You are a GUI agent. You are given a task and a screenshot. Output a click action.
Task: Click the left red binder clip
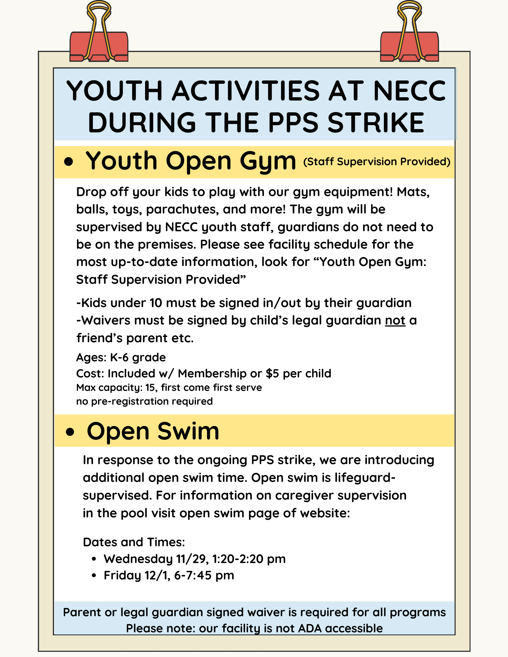coord(99,46)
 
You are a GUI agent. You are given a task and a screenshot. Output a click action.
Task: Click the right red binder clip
coord(409,46)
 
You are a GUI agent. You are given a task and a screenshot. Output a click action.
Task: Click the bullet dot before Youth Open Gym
coord(68,162)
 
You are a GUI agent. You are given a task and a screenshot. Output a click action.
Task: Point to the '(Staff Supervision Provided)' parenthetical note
coord(376,162)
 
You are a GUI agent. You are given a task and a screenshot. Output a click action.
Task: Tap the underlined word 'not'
coord(395,320)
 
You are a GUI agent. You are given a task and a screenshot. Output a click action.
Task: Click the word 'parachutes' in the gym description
coord(182,210)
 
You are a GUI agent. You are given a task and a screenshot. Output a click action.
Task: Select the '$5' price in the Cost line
coord(272,374)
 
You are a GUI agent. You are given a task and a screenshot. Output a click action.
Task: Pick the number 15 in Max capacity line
coord(150,388)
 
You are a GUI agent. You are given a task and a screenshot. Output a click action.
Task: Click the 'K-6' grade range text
coord(119,357)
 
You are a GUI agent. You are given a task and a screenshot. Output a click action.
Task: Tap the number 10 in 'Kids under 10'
coord(156,303)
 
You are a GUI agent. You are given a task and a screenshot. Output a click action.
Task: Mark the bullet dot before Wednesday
coord(94,559)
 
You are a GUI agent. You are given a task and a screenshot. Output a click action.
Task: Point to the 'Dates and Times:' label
coord(134,542)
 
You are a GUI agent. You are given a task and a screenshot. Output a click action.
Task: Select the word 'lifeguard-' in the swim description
coord(365,478)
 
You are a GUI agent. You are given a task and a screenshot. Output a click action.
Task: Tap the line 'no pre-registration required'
coord(144,401)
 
